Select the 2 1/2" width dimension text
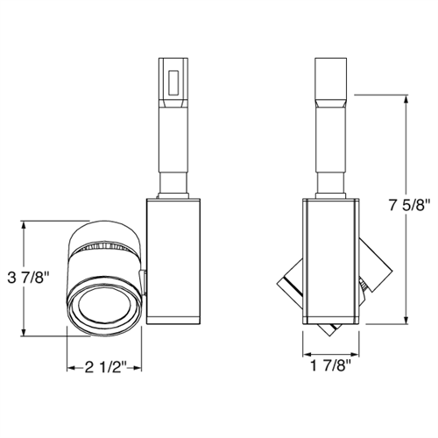pyautogui.click(x=106, y=367)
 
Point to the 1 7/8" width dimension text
pyautogui.click(x=331, y=367)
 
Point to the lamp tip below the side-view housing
pyautogui.click(x=330, y=330)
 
